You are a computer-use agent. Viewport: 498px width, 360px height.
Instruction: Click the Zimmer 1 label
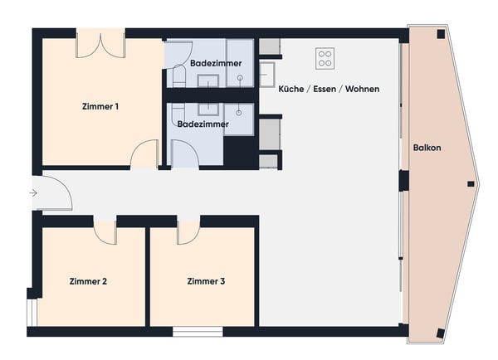100,106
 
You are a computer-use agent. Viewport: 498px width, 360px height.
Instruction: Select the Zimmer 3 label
206,282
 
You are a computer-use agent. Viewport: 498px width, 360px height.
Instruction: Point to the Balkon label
427,148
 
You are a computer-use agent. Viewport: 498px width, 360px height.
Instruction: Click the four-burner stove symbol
325,58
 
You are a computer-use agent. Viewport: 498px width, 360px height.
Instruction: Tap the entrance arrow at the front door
32,193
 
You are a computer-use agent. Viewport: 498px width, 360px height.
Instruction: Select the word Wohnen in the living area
362,88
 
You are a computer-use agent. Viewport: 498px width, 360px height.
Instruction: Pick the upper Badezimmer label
209,62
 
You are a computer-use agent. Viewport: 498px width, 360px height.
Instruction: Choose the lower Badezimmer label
203,124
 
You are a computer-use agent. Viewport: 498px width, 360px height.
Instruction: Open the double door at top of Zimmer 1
100,46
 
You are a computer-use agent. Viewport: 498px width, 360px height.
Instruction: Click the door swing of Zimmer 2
105,232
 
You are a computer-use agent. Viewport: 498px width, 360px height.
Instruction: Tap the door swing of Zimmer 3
188,233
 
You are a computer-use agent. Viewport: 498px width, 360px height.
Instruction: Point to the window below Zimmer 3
198,332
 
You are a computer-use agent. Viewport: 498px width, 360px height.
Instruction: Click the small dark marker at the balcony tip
471,183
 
